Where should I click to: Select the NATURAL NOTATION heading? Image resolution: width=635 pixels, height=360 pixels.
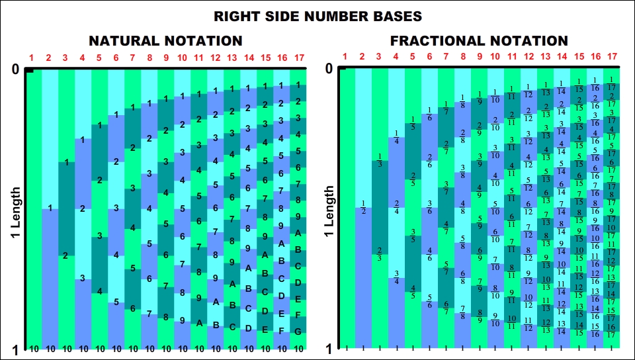[x=165, y=41]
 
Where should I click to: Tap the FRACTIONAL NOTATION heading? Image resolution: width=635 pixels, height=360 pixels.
[x=479, y=41]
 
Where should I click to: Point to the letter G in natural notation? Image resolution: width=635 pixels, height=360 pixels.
[x=298, y=330]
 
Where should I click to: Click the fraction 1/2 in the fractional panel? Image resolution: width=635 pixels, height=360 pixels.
[x=363, y=206]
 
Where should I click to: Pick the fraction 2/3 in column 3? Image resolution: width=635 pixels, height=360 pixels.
[x=380, y=253]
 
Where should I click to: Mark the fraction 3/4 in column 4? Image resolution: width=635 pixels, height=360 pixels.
[x=396, y=277]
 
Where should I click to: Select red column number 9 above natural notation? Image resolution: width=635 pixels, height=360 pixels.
[x=165, y=58]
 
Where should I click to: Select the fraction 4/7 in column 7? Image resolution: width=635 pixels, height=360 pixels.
[x=446, y=228]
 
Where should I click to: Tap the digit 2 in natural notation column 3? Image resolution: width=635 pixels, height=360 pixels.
[x=65, y=255]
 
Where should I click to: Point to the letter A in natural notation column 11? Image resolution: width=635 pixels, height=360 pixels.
[x=198, y=323]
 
